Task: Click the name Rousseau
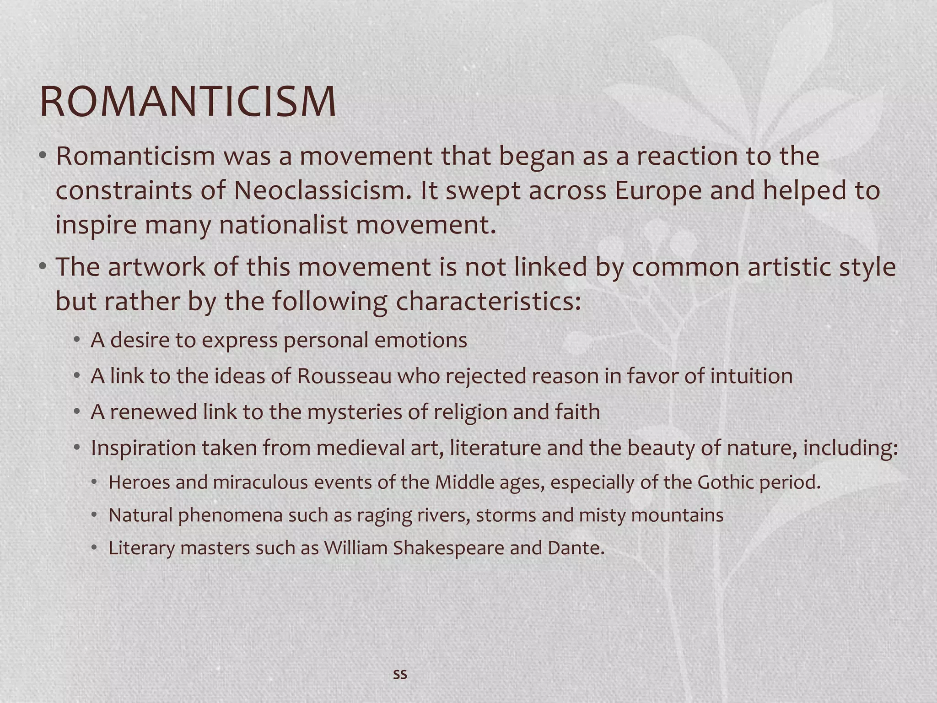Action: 345,376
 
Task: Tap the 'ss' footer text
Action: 400,674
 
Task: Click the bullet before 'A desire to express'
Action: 77,340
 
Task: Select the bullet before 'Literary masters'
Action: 94,548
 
